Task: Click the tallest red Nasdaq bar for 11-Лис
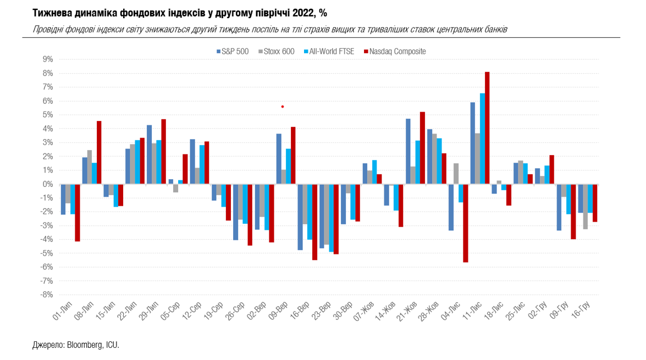point(487,128)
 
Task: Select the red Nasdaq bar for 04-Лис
point(466,223)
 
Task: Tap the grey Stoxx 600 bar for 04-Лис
point(456,174)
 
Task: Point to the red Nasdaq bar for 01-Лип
point(78,213)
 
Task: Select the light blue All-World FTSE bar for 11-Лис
point(482,139)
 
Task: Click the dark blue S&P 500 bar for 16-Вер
point(300,217)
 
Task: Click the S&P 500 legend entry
point(233,52)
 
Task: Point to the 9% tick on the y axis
point(47,59)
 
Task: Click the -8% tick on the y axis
point(46,295)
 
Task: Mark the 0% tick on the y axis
point(47,184)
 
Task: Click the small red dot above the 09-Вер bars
point(282,106)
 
